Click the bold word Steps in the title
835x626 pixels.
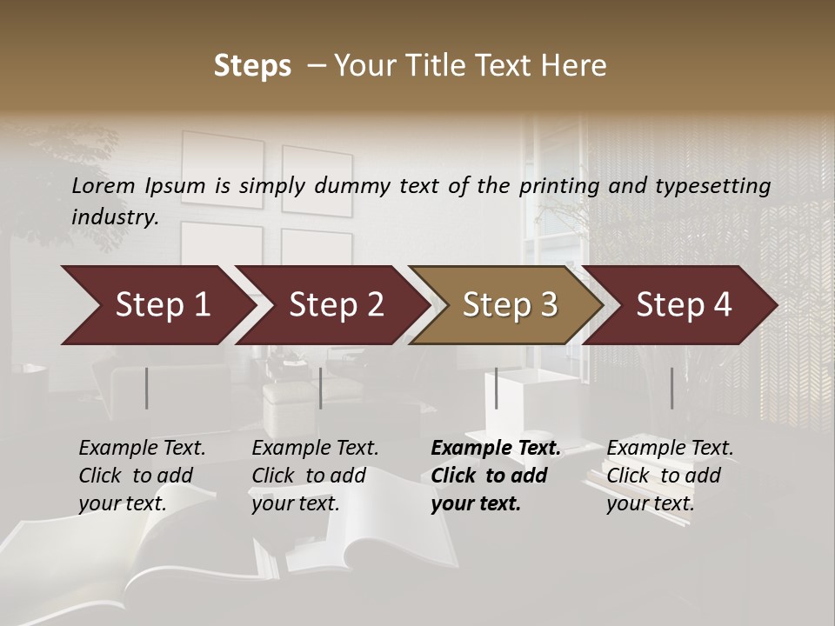[x=252, y=66]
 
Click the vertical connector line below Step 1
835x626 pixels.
[x=147, y=388]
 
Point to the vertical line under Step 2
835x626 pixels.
[x=321, y=388]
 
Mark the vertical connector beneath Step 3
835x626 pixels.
[x=497, y=388]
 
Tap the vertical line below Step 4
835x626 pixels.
[x=671, y=388]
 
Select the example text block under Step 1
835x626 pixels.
[x=142, y=475]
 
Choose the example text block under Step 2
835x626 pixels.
[x=315, y=475]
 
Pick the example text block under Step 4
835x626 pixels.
[x=670, y=475]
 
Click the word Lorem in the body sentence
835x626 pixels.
[x=104, y=186]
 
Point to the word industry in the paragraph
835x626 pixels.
[x=115, y=217]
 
